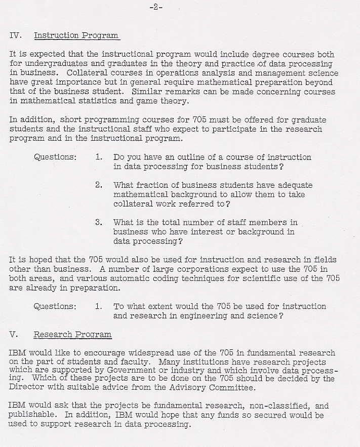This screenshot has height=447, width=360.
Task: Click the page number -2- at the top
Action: pos(156,8)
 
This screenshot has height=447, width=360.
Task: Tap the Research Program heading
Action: pos(72,335)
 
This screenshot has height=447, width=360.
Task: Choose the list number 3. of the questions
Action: pos(99,222)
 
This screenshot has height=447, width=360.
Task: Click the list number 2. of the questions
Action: pos(99,185)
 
